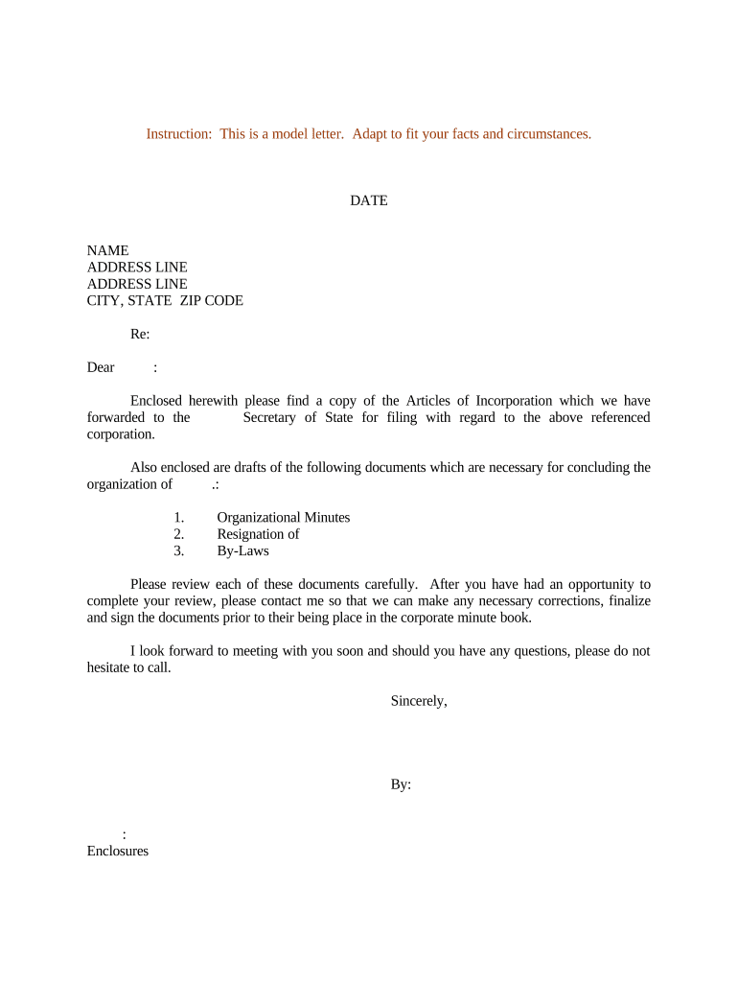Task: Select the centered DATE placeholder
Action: (369, 201)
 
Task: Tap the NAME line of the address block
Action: (107, 251)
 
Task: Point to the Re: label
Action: (140, 335)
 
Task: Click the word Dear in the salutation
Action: (101, 367)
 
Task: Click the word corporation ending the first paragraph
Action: (121, 434)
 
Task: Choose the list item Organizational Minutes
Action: (283, 518)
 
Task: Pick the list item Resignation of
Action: (258, 534)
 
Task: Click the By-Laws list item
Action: (242, 551)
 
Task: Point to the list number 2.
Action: (178, 534)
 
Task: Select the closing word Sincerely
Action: (418, 701)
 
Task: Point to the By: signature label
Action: (401, 784)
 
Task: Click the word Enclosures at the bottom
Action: (118, 851)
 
